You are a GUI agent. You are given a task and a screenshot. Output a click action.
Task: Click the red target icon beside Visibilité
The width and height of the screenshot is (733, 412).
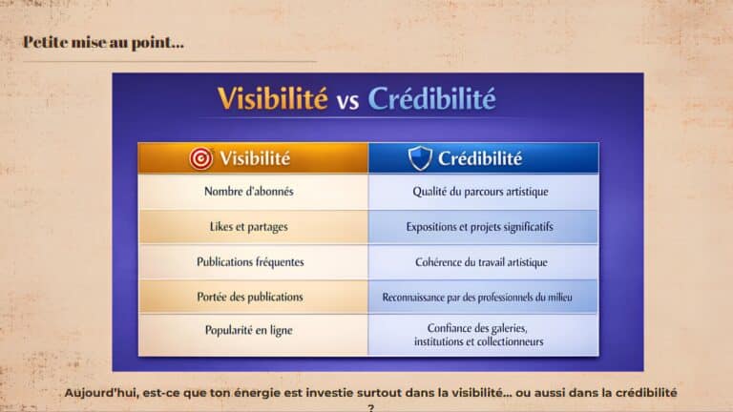click(x=201, y=158)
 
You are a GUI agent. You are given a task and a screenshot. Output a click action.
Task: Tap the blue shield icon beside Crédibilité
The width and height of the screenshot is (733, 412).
click(x=420, y=158)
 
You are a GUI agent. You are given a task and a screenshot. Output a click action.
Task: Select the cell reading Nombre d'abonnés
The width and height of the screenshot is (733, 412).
click(x=253, y=192)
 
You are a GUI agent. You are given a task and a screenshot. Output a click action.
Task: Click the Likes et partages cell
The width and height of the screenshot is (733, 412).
click(x=253, y=227)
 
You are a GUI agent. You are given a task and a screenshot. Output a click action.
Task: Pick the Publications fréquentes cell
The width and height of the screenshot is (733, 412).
click(x=253, y=261)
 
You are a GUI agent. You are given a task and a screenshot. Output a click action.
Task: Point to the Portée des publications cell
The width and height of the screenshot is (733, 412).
click(x=253, y=297)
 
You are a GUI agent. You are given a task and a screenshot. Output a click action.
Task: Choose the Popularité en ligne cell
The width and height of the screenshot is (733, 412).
click(x=253, y=335)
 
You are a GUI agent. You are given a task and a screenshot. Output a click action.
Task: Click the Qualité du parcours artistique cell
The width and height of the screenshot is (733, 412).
click(x=483, y=192)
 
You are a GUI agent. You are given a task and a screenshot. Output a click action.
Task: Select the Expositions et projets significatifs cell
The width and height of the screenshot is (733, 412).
click(x=483, y=227)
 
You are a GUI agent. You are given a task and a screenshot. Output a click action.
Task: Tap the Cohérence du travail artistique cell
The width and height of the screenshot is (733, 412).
click(x=483, y=261)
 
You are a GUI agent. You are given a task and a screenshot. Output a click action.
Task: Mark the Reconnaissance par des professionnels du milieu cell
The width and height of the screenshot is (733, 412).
click(x=483, y=297)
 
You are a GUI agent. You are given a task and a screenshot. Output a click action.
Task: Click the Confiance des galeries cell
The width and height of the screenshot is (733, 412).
click(x=483, y=335)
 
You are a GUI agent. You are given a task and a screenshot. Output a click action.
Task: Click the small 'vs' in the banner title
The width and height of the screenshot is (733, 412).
click(x=347, y=101)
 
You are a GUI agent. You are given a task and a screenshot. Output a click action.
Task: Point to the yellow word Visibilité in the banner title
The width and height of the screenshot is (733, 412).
click(x=273, y=98)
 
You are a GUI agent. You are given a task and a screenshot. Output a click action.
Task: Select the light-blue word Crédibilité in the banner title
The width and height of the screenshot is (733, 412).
click(x=431, y=98)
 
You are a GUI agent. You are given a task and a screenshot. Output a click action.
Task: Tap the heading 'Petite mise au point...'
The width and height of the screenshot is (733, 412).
click(x=103, y=43)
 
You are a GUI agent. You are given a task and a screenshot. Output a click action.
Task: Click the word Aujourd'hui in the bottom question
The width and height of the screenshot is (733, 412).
click(x=101, y=393)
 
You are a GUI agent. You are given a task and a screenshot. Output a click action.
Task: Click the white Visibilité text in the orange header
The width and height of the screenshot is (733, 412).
click(x=255, y=158)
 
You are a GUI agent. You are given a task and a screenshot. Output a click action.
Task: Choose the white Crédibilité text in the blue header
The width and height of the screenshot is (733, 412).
click(x=480, y=158)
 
